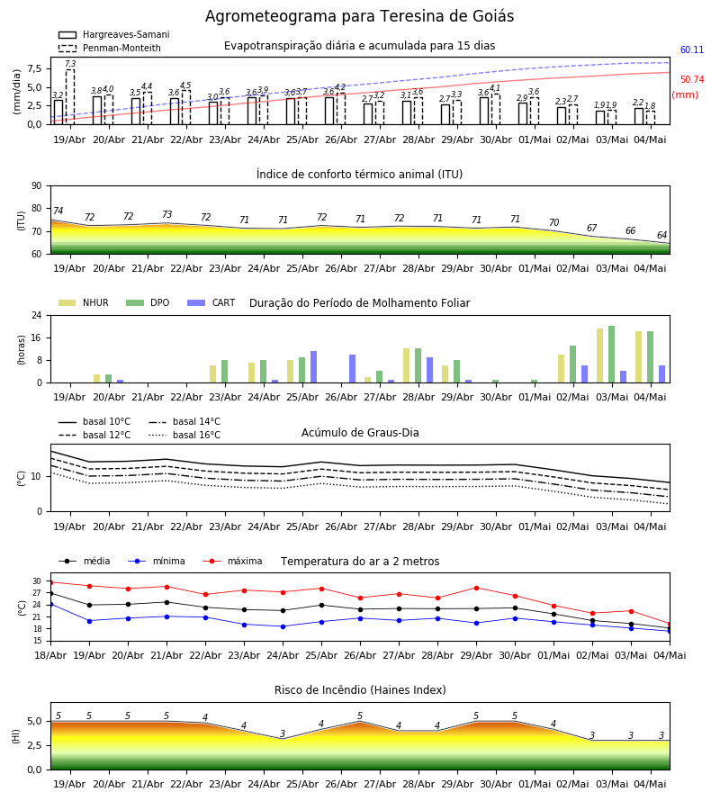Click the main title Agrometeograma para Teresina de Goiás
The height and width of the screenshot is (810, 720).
point(359,16)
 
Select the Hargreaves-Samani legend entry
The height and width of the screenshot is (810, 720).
point(114,34)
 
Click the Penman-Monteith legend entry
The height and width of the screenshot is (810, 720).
point(110,48)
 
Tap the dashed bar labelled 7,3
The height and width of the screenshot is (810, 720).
point(69,97)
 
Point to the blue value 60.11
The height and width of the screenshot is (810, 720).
point(692,50)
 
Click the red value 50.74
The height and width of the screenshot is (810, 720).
point(692,79)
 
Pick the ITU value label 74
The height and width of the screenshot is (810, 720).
point(58,211)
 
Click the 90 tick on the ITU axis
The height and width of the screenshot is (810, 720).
point(37,186)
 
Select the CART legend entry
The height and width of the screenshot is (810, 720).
point(211,302)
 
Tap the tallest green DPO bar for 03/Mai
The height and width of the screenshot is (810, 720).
point(611,355)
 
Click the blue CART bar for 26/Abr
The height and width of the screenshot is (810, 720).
point(352,369)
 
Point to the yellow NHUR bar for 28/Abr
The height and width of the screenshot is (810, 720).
point(407,365)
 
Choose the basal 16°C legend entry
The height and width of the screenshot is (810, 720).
point(184,435)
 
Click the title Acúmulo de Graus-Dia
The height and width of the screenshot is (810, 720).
point(360,433)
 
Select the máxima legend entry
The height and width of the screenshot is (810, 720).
point(232,561)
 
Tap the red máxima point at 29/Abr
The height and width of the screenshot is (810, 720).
point(476,588)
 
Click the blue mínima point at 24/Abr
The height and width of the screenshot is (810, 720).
point(283,626)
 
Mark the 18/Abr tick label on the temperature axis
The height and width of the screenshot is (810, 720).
point(50,655)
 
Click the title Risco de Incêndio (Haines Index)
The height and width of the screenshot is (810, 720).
point(360,690)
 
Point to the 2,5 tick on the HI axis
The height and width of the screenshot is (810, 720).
point(33,745)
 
